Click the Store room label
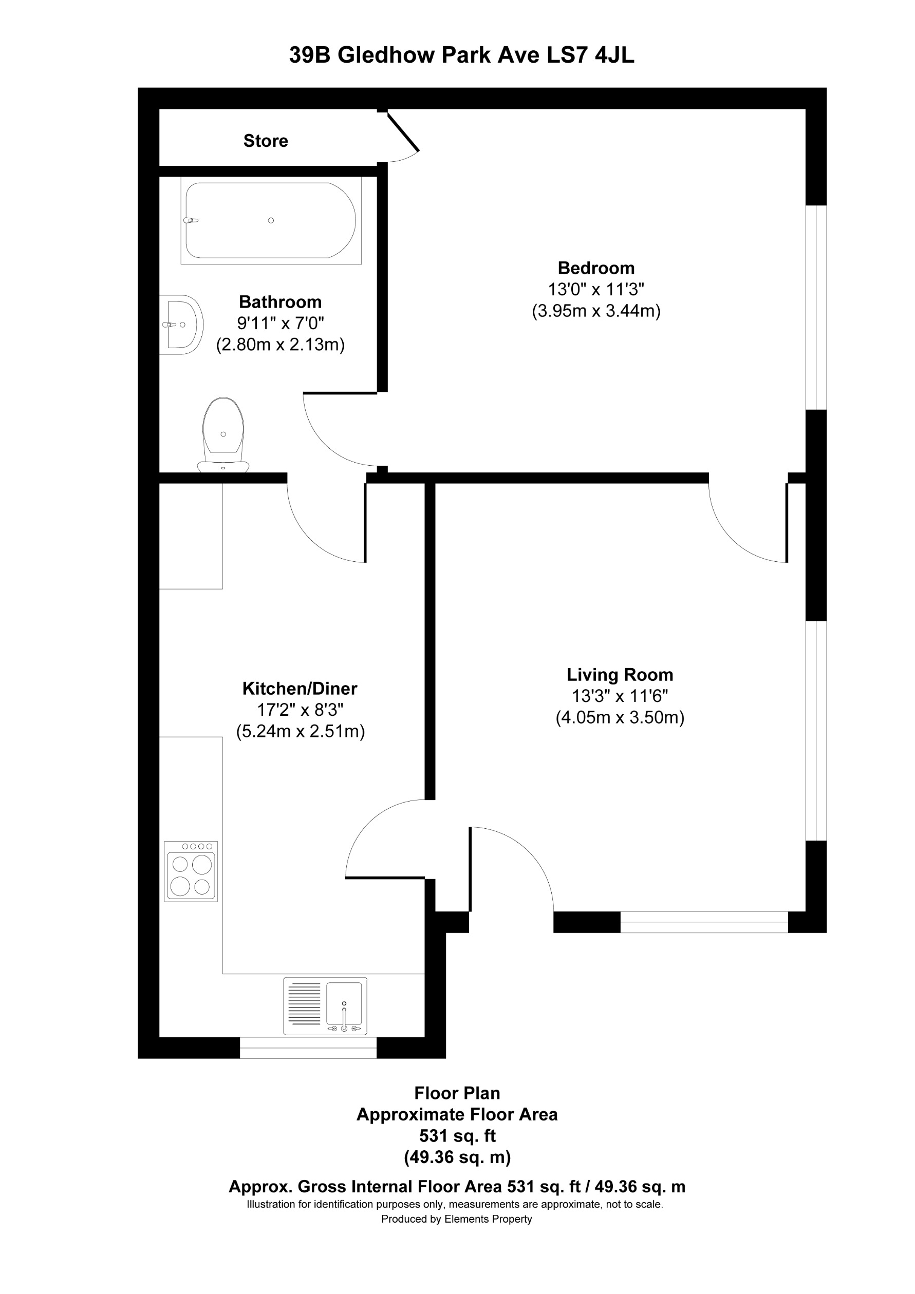[x=266, y=141]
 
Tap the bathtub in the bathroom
[x=271, y=220]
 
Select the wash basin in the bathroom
[x=181, y=325]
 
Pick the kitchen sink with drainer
[x=325, y=1006]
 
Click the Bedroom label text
[x=596, y=268]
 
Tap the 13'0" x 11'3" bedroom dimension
[x=596, y=289]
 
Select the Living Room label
[x=620, y=675]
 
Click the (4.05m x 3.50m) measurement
[x=620, y=717]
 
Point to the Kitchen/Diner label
[x=300, y=688]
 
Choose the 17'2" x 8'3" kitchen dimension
[x=300, y=710]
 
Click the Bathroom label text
[x=280, y=302]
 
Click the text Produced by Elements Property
[x=457, y=1219]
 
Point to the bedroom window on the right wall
[x=816, y=307]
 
